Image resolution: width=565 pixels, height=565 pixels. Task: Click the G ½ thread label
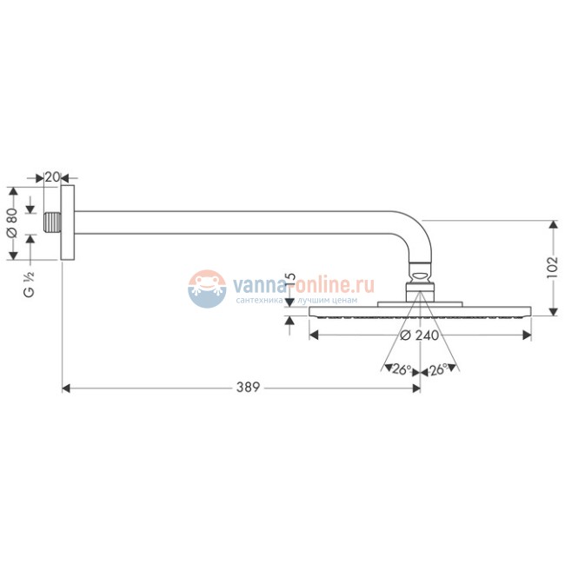coord(28,285)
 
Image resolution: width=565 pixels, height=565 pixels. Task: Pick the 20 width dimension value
coord(52,177)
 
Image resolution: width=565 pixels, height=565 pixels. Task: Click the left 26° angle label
coord(401,369)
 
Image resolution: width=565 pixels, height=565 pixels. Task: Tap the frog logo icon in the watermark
coord(207,288)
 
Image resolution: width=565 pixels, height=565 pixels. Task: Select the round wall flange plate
coord(68,223)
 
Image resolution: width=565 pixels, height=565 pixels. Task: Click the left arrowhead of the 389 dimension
coord(66,388)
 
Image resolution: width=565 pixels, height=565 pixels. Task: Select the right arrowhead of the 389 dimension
coord(416,388)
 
